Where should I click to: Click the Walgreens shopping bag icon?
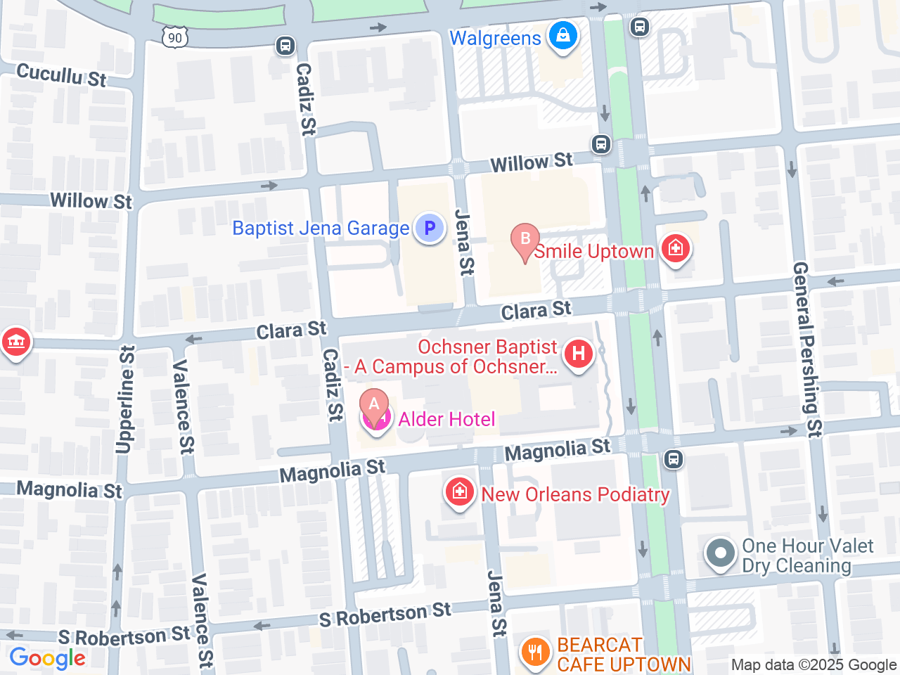coord(562,35)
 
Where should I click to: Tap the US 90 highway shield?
coord(175,37)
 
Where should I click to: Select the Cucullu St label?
coord(61,74)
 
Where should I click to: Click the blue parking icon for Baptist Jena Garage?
coord(429,228)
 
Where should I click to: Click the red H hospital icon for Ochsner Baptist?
coord(579,353)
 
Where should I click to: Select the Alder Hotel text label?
coord(446,419)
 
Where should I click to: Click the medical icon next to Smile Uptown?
coord(675,248)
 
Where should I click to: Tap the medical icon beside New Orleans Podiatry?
coord(459,491)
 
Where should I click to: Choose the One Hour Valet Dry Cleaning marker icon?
coord(720,553)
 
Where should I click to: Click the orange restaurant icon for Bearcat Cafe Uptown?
coord(536,652)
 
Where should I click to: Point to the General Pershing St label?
coord(806,349)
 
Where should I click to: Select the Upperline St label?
coord(125,399)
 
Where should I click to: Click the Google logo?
coord(47,658)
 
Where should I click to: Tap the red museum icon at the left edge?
coord(15,342)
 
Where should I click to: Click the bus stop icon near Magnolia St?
coord(673,459)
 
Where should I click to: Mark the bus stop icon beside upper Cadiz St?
coord(285,46)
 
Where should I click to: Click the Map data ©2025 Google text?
coord(814,664)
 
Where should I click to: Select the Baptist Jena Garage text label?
coord(321,228)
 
